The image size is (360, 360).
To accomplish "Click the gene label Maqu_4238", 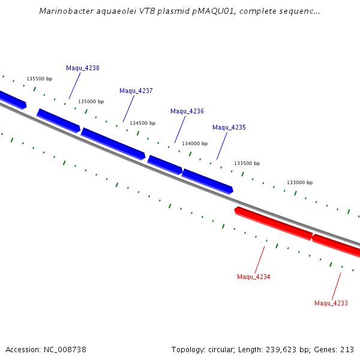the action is click(83, 68).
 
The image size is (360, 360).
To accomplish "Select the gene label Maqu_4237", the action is click(136, 91).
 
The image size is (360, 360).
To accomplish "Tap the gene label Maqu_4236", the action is click(187, 111).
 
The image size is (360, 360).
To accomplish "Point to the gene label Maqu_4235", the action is click(229, 127).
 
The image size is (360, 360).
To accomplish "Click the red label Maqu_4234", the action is click(254, 277).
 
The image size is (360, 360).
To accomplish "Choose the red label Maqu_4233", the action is click(331, 303).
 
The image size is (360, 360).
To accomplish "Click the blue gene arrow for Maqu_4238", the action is click(59, 121).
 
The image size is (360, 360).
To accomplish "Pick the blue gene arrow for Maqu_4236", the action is click(165, 165).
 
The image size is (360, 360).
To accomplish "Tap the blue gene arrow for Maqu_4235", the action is click(208, 181).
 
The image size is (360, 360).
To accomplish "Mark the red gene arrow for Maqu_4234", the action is click(274, 223).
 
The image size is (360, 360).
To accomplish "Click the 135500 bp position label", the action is click(40, 79).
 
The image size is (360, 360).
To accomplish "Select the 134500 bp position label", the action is click(143, 123).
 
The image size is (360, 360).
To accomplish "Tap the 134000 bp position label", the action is click(195, 143).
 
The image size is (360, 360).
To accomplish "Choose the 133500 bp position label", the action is click(247, 163).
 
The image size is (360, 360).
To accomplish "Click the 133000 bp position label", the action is click(300, 182).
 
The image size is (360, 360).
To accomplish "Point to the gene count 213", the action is click(347, 349).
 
